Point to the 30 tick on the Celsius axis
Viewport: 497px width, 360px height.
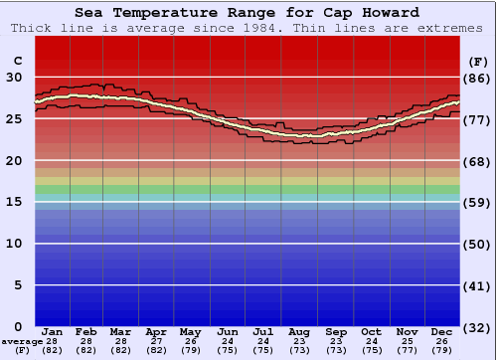pyautogui.click(x=15, y=77)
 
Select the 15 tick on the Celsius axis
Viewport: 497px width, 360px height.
pyautogui.click(x=15, y=202)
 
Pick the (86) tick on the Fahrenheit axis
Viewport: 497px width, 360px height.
pyautogui.click(x=477, y=78)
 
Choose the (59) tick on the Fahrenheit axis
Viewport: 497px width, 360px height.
pyautogui.click(x=477, y=203)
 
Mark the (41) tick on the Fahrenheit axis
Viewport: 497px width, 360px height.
pyautogui.click(x=477, y=286)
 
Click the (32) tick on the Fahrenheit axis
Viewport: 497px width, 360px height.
pyautogui.click(x=477, y=328)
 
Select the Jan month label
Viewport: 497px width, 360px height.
pyautogui.click(x=53, y=331)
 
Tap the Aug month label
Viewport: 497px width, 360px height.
pyautogui.click(x=299, y=331)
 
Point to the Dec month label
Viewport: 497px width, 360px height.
pyautogui.click(x=442, y=331)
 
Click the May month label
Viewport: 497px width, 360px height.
pyautogui.click(x=190, y=331)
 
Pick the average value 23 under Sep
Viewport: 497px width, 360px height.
pyautogui.click(x=336, y=341)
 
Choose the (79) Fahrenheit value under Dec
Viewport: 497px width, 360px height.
pyautogui.click(x=442, y=350)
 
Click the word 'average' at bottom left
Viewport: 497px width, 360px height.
pyautogui.click(x=21, y=341)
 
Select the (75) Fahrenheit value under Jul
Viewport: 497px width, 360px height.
pyautogui.click(x=263, y=350)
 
